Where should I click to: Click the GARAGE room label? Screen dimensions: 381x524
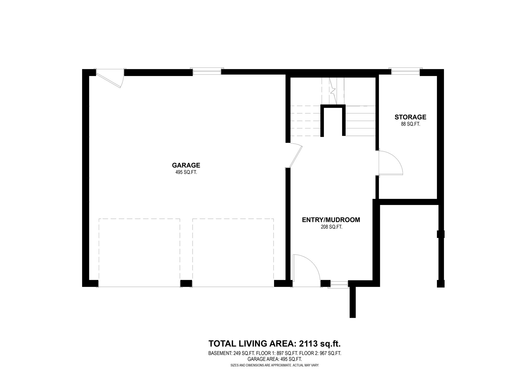point(186,165)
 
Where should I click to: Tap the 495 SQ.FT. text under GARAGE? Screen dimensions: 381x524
point(186,172)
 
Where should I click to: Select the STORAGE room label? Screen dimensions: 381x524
point(410,117)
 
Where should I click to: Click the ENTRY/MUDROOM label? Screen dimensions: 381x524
point(331,220)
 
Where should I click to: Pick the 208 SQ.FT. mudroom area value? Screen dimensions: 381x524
point(331,227)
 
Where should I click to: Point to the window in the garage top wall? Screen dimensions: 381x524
point(207,72)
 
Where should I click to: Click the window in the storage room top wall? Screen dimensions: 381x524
point(405,72)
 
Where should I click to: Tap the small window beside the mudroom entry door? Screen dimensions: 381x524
point(339,283)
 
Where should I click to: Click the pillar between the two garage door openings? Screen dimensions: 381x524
point(186,284)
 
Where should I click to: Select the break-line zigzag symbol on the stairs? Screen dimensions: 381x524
point(333,90)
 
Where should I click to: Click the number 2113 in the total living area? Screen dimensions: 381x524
point(308,343)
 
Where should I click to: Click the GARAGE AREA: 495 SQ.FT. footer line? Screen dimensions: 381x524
point(275,359)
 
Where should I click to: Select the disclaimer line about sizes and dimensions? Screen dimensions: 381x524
point(275,365)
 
